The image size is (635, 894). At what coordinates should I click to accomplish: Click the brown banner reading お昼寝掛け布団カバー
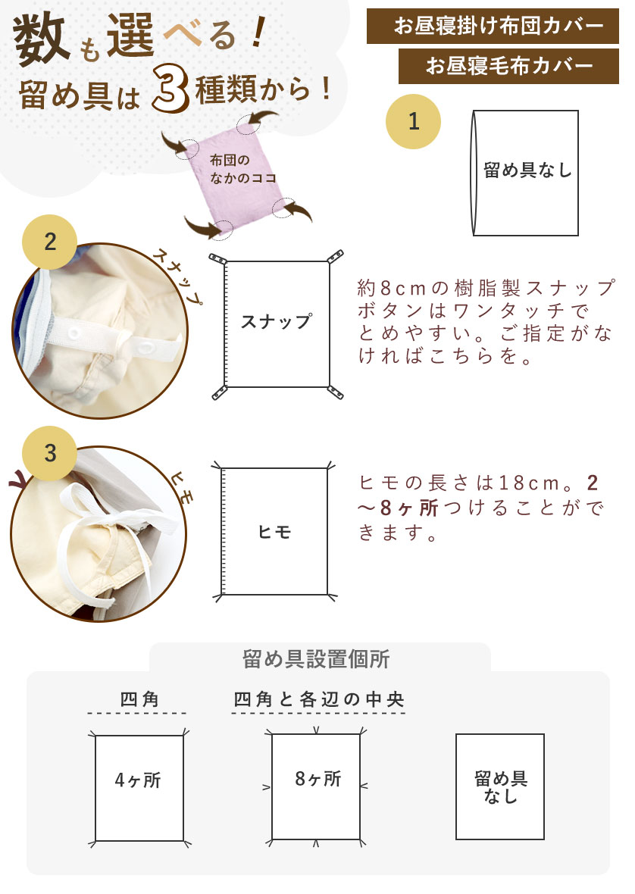click(x=499, y=26)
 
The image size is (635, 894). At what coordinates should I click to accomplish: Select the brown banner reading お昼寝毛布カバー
click(x=509, y=66)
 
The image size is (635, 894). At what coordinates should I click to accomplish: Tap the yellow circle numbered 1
click(x=413, y=121)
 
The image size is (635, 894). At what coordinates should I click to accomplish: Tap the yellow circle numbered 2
click(x=50, y=242)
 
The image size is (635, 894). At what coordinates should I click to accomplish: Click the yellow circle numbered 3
click(x=50, y=453)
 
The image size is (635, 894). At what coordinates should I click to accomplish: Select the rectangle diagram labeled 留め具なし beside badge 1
click(x=527, y=172)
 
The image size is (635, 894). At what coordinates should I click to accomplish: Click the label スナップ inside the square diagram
click(x=277, y=321)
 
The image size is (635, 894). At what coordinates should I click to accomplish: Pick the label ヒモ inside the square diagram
click(x=275, y=532)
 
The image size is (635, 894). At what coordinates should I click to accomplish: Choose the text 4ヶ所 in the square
click(x=139, y=780)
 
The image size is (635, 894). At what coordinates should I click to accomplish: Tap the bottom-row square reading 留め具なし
click(x=500, y=786)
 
